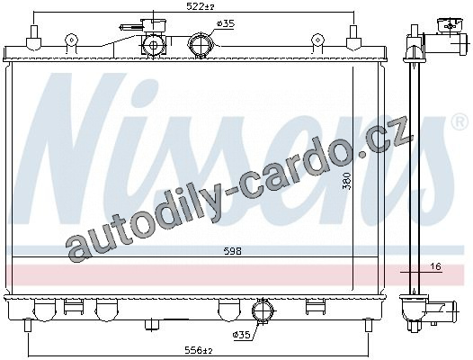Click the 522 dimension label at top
[200, 6]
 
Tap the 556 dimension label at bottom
[199, 350]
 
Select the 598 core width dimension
[233, 251]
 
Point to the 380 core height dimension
[348, 181]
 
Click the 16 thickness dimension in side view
[436, 266]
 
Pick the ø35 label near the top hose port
[226, 23]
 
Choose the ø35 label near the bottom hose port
[241, 335]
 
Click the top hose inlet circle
[201, 44]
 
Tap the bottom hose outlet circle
[263, 311]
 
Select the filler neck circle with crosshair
[154, 45]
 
